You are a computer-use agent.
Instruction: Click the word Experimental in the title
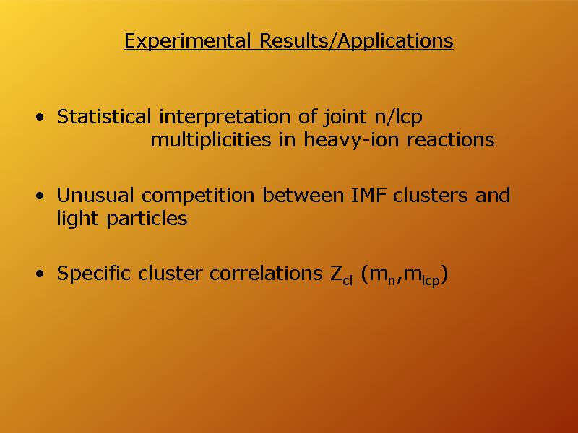187,41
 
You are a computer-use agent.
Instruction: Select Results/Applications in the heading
356,41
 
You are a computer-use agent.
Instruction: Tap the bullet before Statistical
40,118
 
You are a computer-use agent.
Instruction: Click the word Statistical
103,117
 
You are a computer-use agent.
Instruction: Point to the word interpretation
225,118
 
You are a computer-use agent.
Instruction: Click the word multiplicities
210,140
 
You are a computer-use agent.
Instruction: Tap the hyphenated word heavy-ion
351,141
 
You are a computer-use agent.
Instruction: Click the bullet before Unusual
40,196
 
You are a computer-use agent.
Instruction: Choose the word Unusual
95,195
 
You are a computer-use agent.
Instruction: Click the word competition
198,196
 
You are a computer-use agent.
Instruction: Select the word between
303,195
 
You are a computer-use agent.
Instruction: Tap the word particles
147,219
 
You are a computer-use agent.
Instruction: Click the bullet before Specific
40,274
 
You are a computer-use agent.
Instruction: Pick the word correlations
266,274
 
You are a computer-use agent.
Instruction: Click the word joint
345,118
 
